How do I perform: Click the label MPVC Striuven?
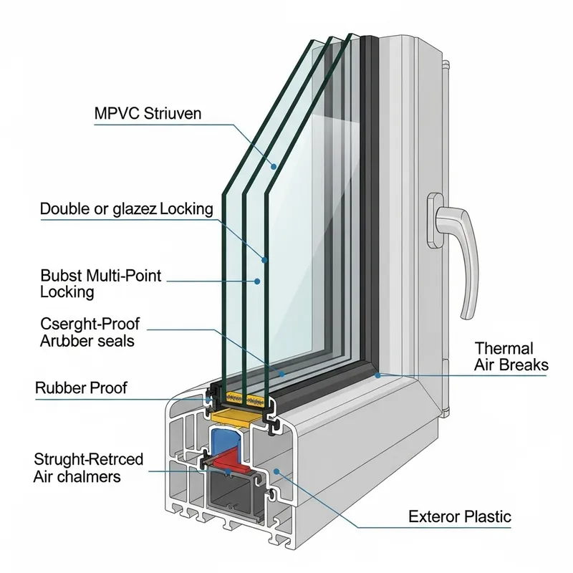point(148,113)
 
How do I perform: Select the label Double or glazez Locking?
point(126,209)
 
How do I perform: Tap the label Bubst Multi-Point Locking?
point(100,284)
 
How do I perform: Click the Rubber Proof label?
point(81,388)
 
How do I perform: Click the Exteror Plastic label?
point(460,516)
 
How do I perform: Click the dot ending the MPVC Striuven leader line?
point(274,166)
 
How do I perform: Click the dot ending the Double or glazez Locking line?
point(265,259)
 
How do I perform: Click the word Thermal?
point(504,349)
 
